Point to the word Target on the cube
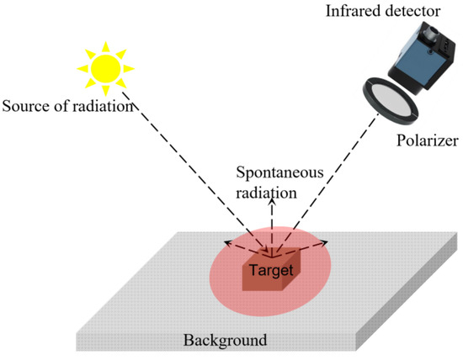pos(269,271)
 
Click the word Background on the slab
pos(226,341)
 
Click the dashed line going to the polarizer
pos(337,168)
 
